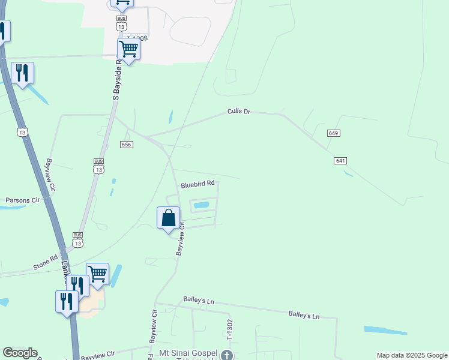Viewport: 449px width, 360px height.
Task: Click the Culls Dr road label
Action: click(238, 112)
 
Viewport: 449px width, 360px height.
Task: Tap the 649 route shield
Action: click(334, 133)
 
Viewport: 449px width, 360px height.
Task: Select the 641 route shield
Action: click(340, 161)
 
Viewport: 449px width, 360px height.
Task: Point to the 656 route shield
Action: click(126, 145)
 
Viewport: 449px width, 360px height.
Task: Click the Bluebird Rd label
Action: click(197, 184)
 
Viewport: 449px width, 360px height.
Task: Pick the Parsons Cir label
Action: click(22, 200)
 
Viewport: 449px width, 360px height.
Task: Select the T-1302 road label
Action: click(229, 331)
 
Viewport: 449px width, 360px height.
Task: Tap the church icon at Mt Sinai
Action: click(227, 356)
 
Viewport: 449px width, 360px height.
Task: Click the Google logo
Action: click(20, 353)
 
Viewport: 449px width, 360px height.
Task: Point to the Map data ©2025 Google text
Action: click(412, 355)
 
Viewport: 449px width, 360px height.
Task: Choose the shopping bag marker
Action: click(169, 217)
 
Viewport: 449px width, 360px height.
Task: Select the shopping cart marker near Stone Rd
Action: click(98, 274)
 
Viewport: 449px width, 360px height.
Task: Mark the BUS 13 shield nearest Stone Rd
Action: click(77, 239)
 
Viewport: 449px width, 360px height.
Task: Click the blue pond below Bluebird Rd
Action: click(201, 205)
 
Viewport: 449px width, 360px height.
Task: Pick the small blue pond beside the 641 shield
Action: click(348, 174)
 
